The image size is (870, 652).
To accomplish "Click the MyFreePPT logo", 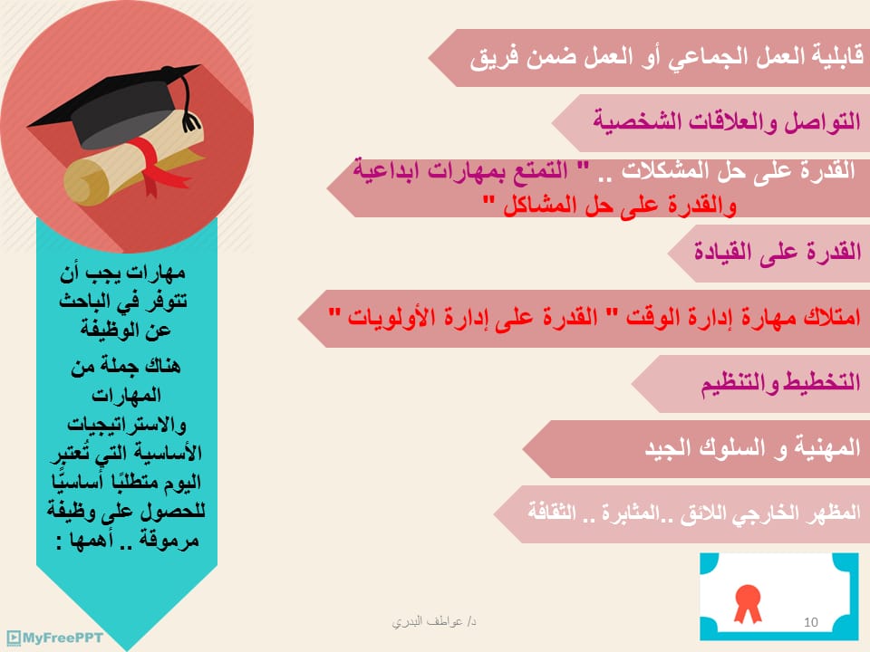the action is coord(54,638).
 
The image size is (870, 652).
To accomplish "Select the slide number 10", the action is coord(810,622).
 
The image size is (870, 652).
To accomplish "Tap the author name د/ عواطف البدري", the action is coord(434,621).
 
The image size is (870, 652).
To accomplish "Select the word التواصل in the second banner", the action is coord(822,120).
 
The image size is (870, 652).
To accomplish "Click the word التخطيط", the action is coord(821,381).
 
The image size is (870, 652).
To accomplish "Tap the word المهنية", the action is coord(827,447).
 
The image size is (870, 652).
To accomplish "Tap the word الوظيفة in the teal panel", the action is coord(125,331).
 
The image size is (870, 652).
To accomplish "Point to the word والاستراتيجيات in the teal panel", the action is coord(127,425).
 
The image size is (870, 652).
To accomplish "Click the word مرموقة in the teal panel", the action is coord(169,540).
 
